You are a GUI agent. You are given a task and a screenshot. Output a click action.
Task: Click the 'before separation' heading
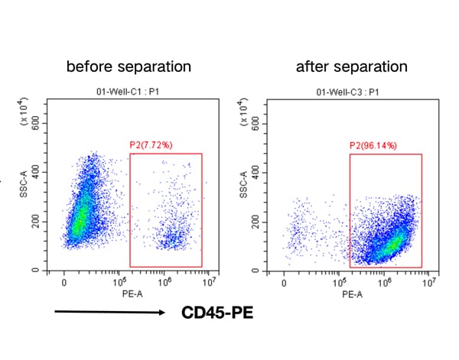pos(129,66)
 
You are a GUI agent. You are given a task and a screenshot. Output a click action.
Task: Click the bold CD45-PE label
pos(217,313)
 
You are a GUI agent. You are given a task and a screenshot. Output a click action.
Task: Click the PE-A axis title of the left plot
pos(129,293)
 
